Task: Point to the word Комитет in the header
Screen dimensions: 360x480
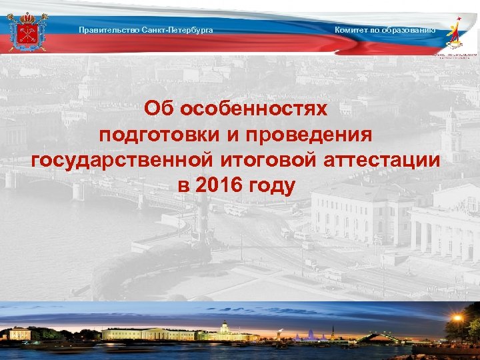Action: click(351, 30)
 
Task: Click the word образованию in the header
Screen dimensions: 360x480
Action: click(407, 30)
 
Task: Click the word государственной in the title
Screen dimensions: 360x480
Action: click(121, 161)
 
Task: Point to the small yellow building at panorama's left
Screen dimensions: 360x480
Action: click(20, 333)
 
